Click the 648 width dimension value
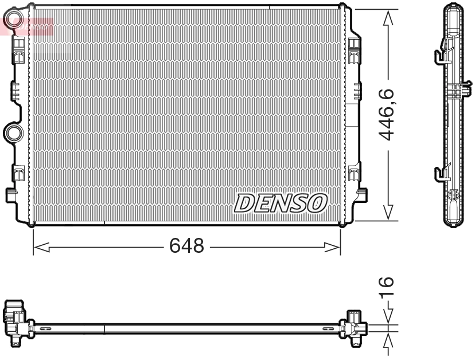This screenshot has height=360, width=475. coord(186,246)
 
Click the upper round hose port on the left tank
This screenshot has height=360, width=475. coord(11,23)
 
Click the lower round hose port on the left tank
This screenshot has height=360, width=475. coord(11,133)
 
